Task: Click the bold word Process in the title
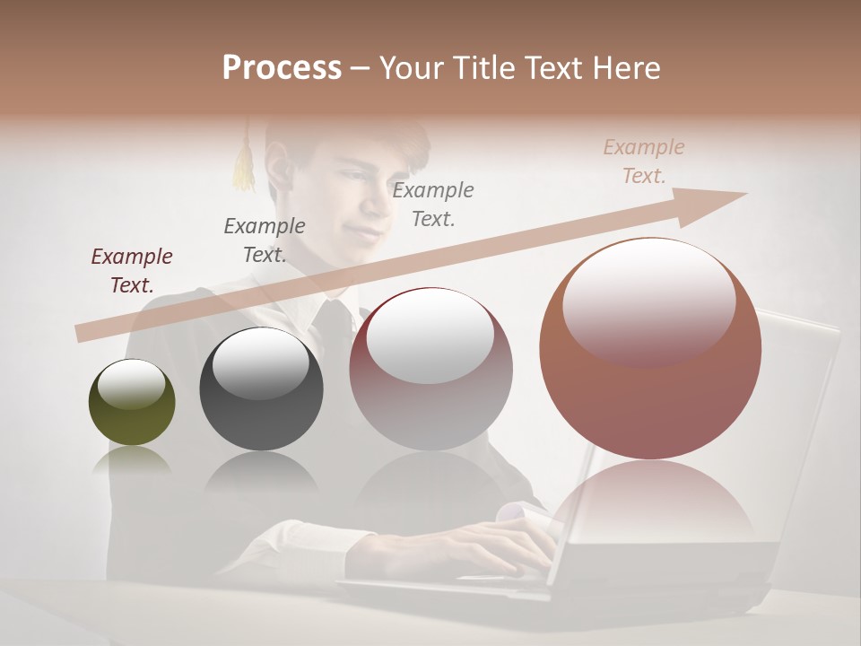point(282,68)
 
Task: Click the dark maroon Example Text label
point(132,270)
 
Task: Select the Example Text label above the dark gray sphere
point(265,240)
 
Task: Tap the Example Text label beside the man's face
point(433,204)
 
